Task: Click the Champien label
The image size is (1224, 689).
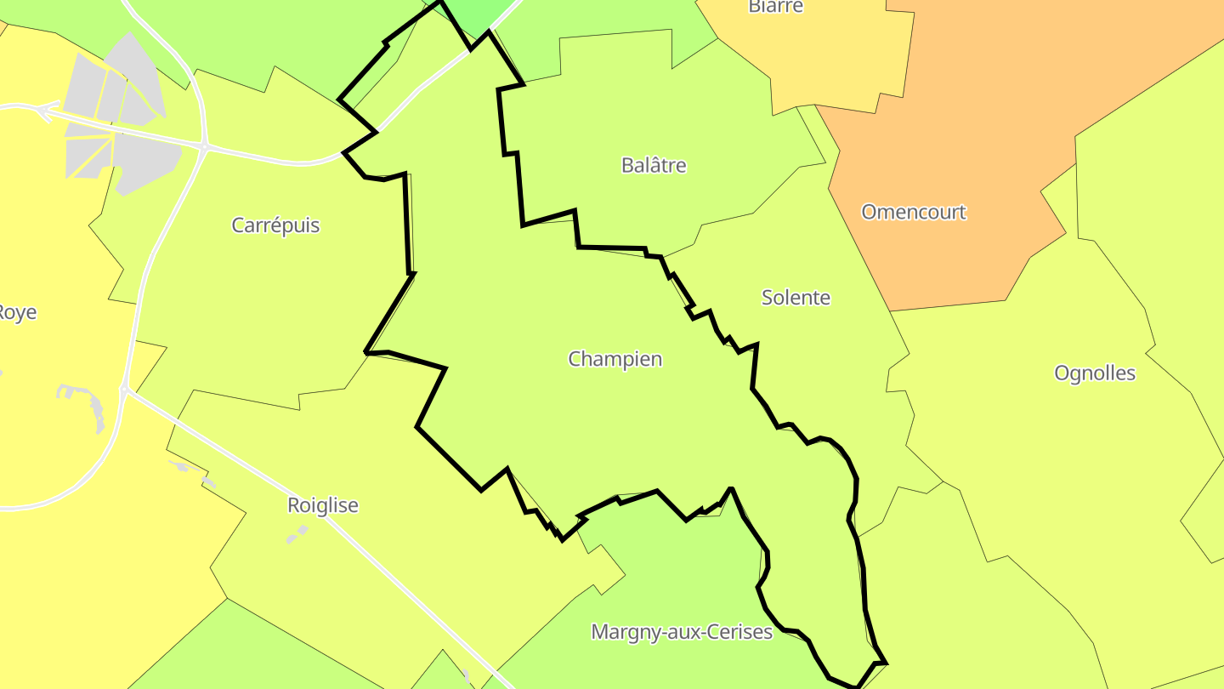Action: click(x=615, y=359)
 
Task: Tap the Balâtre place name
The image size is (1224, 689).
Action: click(x=654, y=165)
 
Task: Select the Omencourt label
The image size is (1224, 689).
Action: click(x=914, y=212)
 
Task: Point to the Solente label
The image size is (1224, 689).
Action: click(x=796, y=298)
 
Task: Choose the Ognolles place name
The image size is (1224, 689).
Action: click(x=1095, y=373)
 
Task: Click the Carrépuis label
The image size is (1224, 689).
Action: click(x=275, y=225)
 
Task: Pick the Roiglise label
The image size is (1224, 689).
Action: click(x=323, y=505)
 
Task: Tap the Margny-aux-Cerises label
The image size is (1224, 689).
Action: click(x=682, y=632)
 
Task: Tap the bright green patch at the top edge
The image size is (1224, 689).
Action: click(x=476, y=13)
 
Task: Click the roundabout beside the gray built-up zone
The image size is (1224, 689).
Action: click(x=205, y=146)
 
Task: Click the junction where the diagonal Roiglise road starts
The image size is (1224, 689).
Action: click(x=124, y=390)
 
